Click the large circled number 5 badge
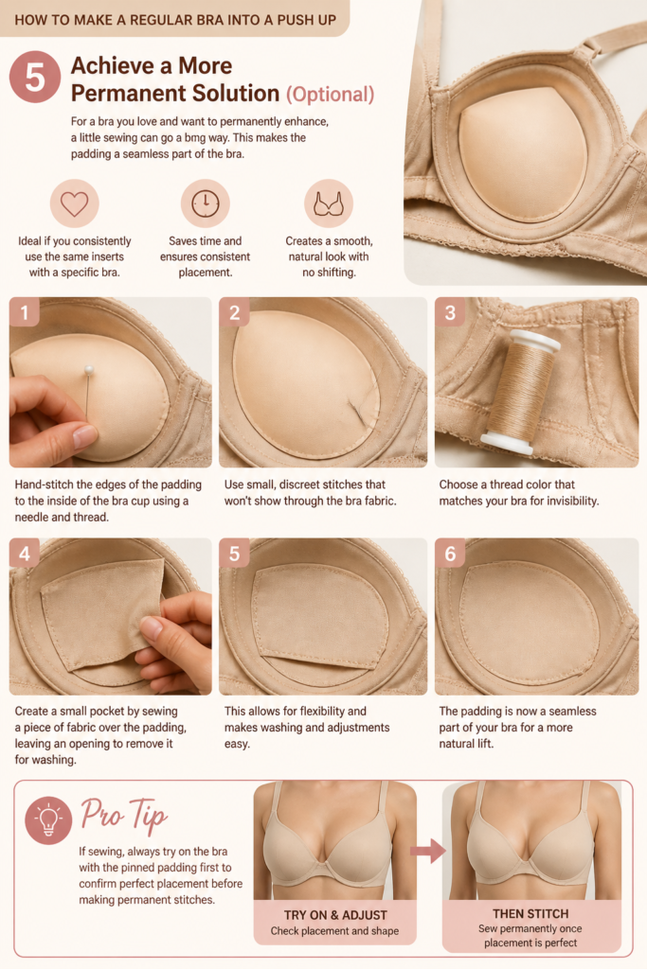click(35, 78)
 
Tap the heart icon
click(74, 204)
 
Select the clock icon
click(206, 204)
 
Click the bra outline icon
click(329, 204)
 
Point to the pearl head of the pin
click(89, 370)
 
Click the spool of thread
click(518, 391)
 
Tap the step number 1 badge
click(25, 312)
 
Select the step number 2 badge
click(234, 312)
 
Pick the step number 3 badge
click(450, 312)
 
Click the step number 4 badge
click(25, 553)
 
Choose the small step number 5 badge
click(234, 553)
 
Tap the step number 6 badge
click(450, 553)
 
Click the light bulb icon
click(48, 820)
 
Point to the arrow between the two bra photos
click(428, 851)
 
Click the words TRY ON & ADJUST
click(335, 915)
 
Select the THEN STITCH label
click(530, 913)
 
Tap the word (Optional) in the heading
click(331, 95)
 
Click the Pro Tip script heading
click(124, 815)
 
